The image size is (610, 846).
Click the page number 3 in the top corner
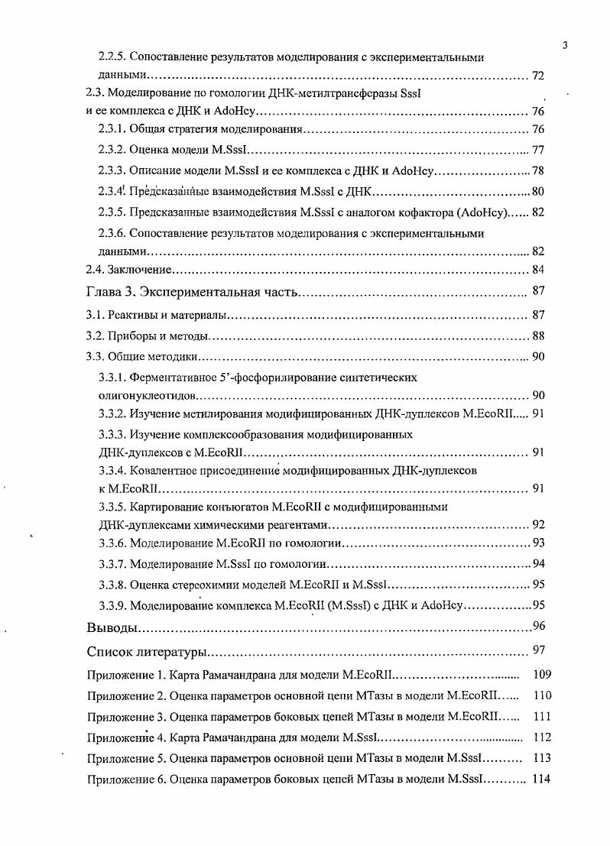pyautogui.click(x=564, y=44)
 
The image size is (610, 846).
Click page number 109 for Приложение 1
pyautogui.click(x=542, y=675)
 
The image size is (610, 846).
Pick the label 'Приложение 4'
pyautogui.click(x=125, y=737)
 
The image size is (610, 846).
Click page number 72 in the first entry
pyautogui.click(x=537, y=77)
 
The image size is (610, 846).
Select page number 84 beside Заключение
pyautogui.click(x=537, y=270)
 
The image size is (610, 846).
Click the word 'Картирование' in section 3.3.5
pyautogui.click(x=168, y=506)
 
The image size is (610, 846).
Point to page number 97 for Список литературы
pyautogui.click(x=537, y=652)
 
